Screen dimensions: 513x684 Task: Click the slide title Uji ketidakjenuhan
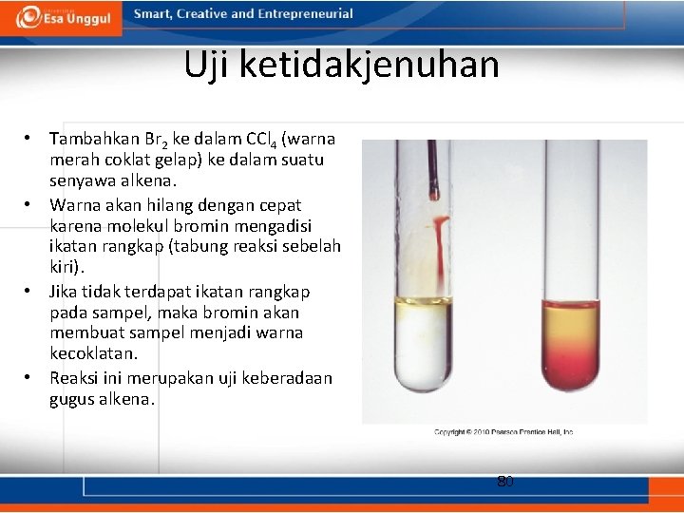[x=341, y=65]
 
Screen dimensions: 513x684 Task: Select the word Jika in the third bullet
[x=65, y=291]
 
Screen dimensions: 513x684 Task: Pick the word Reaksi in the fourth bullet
[x=75, y=378]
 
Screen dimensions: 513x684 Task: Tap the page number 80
[x=505, y=482]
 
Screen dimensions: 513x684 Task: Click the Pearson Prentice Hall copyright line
[x=503, y=432]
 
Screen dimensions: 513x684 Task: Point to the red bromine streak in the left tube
[x=440, y=252]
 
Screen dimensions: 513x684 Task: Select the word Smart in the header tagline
[x=152, y=14]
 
